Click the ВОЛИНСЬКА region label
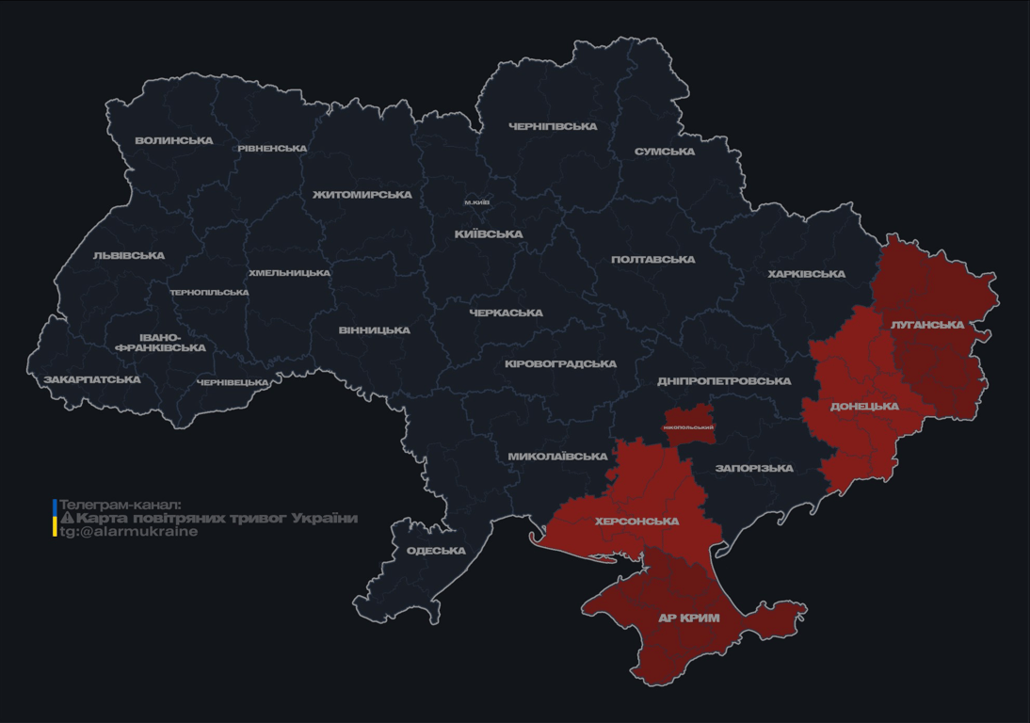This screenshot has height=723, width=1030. [x=174, y=141]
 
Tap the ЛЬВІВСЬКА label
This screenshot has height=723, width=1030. [x=129, y=256]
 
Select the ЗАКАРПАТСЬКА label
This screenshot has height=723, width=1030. [x=92, y=380]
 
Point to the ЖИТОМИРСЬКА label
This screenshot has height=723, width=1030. [x=362, y=195]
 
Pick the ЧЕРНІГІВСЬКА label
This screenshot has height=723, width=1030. [x=553, y=126]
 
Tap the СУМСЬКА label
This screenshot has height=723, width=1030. [x=665, y=152]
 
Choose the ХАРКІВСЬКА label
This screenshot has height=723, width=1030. [x=807, y=275]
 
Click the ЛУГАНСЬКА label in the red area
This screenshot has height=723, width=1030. [x=927, y=325]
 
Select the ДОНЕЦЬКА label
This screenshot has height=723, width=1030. [x=864, y=407]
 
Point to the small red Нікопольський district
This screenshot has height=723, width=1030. [x=689, y=421]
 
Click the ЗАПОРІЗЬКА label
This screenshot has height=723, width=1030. [x=754, y=469]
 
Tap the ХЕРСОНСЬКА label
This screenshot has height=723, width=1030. [x=637, y=522]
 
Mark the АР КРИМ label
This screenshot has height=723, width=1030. [x=688, y=619]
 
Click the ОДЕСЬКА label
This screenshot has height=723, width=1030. [x=436, y=551]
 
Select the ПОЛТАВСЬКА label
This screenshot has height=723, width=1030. [x=653, y=260]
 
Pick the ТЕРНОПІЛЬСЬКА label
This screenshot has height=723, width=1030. [x=209, y=293]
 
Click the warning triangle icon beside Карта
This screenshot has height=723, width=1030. [x=67, y=518]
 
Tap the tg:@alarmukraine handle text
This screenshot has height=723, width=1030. [x=129, y=532]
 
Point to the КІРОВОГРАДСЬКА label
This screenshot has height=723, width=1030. [x=561, y=364]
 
